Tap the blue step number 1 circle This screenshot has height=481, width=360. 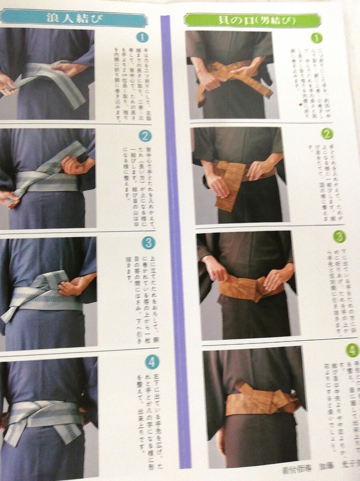coord(142,38)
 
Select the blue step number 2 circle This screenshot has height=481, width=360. coord(145,136)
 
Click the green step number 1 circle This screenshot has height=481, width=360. coord(317,38)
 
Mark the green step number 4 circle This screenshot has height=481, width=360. coord(352,350)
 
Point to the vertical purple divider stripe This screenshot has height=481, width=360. coord(175,240)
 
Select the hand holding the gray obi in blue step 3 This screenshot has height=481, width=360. coord(72,287)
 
